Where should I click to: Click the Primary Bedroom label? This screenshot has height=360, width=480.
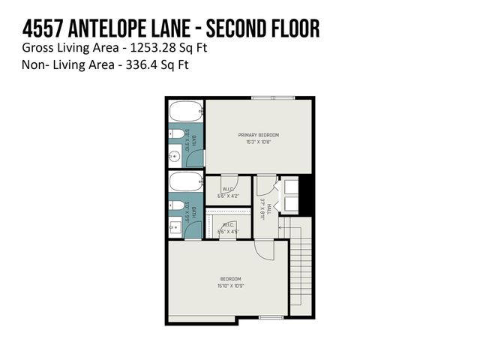pos(254,135)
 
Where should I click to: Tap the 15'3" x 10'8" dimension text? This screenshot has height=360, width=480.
pos(254,142)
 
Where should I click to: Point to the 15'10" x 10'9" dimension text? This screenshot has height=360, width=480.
pos(230,286)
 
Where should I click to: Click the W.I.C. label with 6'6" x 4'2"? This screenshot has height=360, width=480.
pos(228,189)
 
